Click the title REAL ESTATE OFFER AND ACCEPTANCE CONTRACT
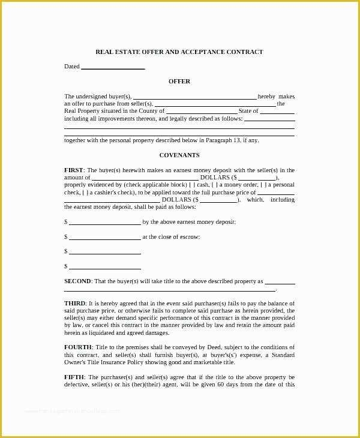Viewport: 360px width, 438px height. [x=179, y=52]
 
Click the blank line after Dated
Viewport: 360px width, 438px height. [x=113, y=67]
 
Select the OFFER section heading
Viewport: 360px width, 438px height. [x=179, y=82]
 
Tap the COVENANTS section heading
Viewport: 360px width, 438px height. [x=179, y=155]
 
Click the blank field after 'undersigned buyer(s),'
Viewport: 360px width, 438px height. [x=194, y=97]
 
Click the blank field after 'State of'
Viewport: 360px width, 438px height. [x=277, y=111]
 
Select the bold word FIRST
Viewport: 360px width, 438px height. [x=74, y=170]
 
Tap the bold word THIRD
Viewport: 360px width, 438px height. [x=75, y=304]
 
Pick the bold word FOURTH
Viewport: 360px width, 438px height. [x=78, y=347]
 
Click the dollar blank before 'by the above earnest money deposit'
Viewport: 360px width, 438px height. [x=104, y=222]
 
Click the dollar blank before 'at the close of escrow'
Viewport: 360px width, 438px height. [x=104, y=237]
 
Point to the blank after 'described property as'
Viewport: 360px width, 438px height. [x=280, y=281]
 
